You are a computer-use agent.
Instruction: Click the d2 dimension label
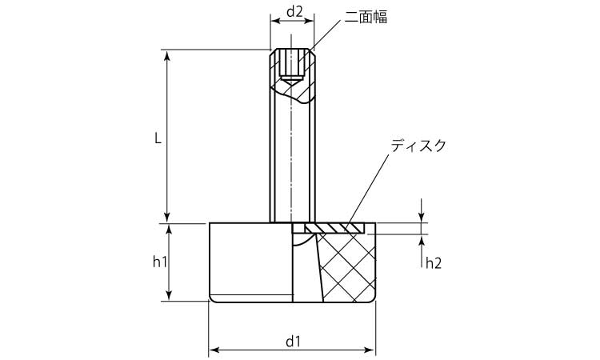(294, 12)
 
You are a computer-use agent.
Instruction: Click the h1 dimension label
(159, 262)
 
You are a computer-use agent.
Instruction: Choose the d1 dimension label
(293, 341)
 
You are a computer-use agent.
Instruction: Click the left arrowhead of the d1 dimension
(213, 350)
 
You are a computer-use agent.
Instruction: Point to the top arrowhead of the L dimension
(167, 54)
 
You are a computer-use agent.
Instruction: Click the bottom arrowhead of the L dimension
(167, 218)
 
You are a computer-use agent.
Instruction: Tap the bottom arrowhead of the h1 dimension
(167, 297)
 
